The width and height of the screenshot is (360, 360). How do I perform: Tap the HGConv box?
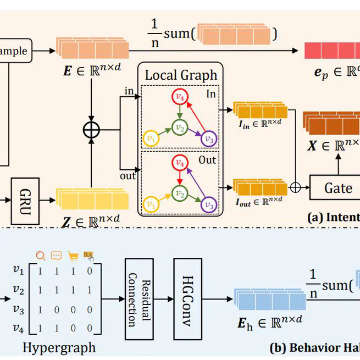(x=187, y=300)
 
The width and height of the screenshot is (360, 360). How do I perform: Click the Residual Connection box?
(x=139, y=300)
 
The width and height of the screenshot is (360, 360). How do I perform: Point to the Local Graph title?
(x=181, y=75)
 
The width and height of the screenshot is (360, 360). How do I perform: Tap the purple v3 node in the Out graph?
(x=208, y=206)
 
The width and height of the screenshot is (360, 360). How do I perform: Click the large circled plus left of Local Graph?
(x=91, y=130)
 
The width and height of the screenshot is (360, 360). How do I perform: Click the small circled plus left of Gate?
(x=295, y=187)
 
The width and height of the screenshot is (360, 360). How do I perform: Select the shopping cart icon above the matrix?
(x=73, y=256)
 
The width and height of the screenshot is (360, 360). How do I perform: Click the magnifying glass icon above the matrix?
(x=40, y=256)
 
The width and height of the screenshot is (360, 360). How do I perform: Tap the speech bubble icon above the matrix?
(x=56, y=256)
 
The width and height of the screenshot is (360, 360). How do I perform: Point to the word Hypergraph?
(x=59, y=347)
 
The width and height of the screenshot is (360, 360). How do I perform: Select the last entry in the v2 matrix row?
(x=89, y=290)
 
